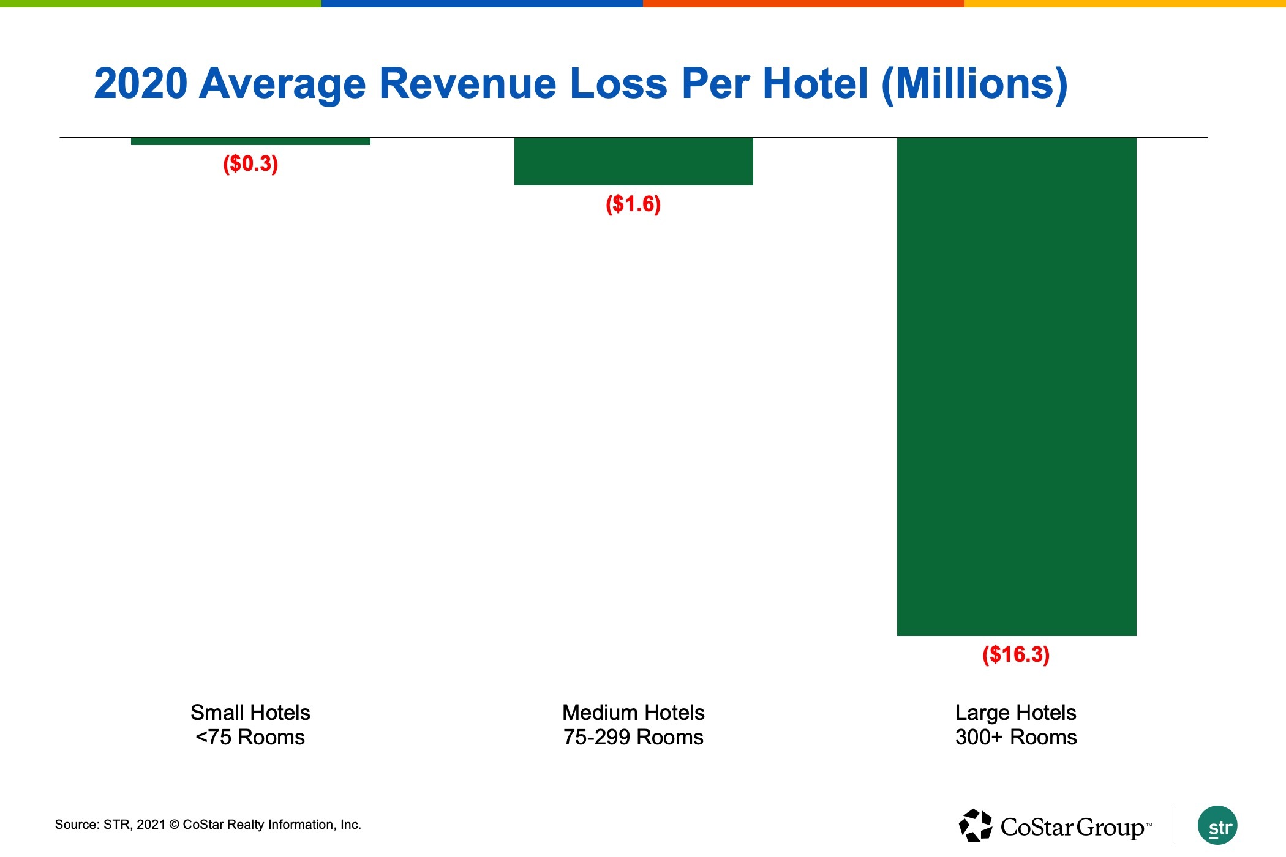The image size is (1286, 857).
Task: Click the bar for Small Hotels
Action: tap(250, 141)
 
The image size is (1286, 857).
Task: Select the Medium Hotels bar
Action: tap(633, 161)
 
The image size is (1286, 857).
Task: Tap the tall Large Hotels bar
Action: tap(1017, 386)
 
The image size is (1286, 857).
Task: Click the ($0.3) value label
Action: tap(250, 163)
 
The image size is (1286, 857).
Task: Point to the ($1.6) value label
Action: tap(633, 204)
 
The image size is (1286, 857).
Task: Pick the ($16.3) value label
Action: tap(1016, 654)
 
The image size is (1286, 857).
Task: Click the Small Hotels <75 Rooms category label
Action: tap(250, 725)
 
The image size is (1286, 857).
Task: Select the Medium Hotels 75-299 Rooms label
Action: tap(633, 725)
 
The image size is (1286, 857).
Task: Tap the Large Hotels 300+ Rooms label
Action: tap(1016, 725)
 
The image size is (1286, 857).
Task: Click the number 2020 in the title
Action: tap(141, 83)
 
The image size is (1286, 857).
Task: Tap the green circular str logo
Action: tap(1217, 826)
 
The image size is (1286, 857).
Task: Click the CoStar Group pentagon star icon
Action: tap(975, 825)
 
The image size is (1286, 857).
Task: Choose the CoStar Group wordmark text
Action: tap(1074, 827)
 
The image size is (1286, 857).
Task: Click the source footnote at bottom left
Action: tap(208, 825)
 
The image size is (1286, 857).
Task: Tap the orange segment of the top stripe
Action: tap(803, 3)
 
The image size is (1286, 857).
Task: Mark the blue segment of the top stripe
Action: tap(482, 3)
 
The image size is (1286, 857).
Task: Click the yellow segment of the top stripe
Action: tap(1125, 3)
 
